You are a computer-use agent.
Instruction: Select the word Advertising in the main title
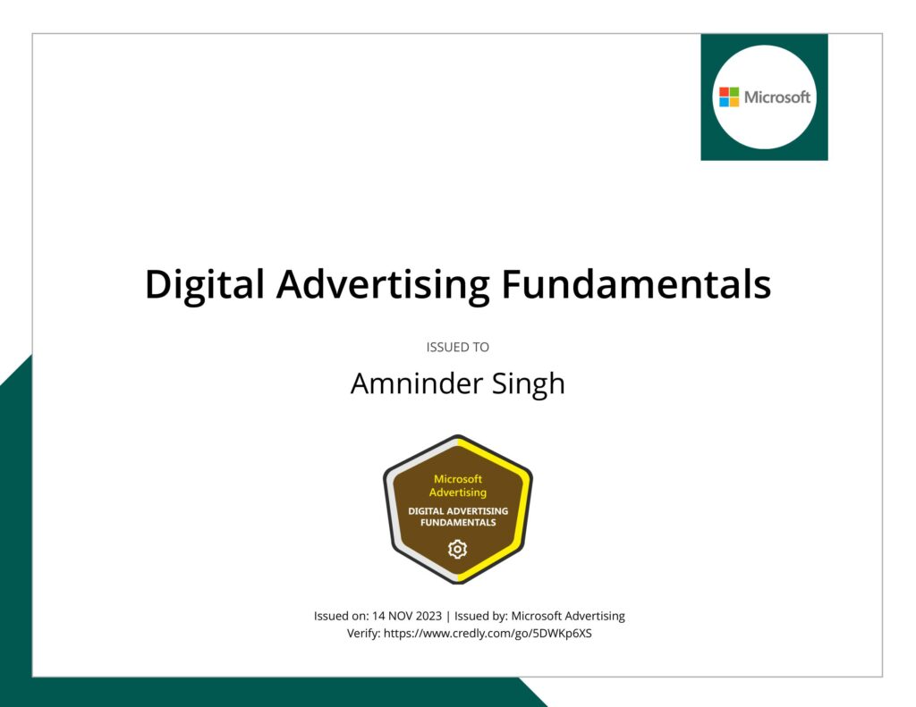tap(382, 285)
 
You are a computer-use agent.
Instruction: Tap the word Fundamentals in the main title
tap(636, 285)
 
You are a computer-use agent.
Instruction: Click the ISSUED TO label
tap(458, 347)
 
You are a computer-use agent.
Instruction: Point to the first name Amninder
tap(406, 383)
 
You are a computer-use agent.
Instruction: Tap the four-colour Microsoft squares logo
tap(730, 97)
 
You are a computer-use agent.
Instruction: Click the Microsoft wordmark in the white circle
tap(777, 97)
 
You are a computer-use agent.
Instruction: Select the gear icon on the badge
tap(458, 549)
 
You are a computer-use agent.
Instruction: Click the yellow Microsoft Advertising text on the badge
tap(458, 485)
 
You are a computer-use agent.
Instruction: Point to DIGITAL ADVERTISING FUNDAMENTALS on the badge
tap(458, 517)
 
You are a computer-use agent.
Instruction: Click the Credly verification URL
tap(488, 634)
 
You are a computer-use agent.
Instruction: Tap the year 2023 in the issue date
tap(428, 616)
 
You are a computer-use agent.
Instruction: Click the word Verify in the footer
tap(362, 634)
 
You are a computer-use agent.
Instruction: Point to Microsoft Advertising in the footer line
tap(568, 616)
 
